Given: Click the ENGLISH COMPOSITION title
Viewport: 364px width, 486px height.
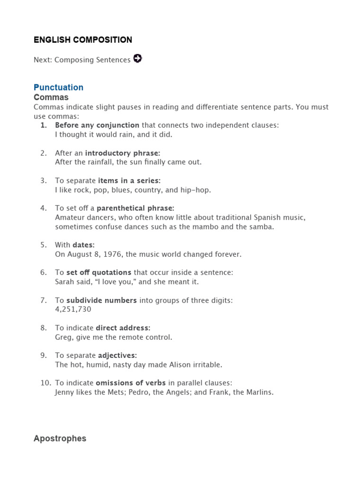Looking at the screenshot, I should click(83, 40).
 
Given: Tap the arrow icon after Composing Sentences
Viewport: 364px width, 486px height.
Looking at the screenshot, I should click(137, 59).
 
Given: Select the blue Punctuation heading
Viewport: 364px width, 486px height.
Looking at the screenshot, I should click(58, 87).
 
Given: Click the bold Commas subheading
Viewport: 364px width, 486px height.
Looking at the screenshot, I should click(51, 97).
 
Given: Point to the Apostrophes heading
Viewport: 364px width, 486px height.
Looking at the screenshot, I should click(60, 439).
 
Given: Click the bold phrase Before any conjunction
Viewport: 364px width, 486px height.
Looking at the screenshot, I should click(97, 125).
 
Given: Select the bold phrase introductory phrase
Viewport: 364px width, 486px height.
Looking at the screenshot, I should click(122, 153).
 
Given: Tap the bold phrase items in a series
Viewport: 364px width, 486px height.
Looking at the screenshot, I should click(129, 180).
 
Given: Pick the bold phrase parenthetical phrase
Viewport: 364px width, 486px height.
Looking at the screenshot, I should click(136, 208).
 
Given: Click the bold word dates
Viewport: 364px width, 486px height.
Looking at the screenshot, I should click(83, 245).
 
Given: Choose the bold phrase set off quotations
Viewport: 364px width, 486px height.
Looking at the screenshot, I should click(99, 272).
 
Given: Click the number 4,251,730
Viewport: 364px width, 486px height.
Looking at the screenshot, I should click(73, 309).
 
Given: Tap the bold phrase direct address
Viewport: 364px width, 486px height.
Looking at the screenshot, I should click(123, 328).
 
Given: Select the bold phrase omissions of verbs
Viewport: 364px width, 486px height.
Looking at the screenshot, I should click(126, 383).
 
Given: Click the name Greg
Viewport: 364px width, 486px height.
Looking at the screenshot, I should click(64, 337).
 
